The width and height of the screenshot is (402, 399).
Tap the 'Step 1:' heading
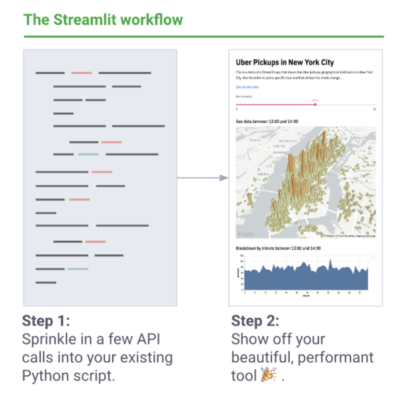pos(46,321)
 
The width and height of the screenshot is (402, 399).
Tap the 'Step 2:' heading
pos(255,321)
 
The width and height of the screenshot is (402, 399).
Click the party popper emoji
pos(269,375)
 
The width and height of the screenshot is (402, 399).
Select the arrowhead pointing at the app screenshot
pos(224,178)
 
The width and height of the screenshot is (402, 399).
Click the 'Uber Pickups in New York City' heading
pos(284,62)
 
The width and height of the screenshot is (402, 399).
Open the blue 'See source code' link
pos(247,87)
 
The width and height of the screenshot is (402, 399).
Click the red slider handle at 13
pos(315,105)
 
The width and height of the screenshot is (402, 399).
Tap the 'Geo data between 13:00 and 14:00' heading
pos(267,121)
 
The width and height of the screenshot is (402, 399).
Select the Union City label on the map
pos(279,146)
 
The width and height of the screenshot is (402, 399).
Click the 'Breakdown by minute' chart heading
pos(278,248)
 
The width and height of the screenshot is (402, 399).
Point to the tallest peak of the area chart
pos(331,260)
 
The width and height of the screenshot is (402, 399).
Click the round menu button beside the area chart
pos(373,256)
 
